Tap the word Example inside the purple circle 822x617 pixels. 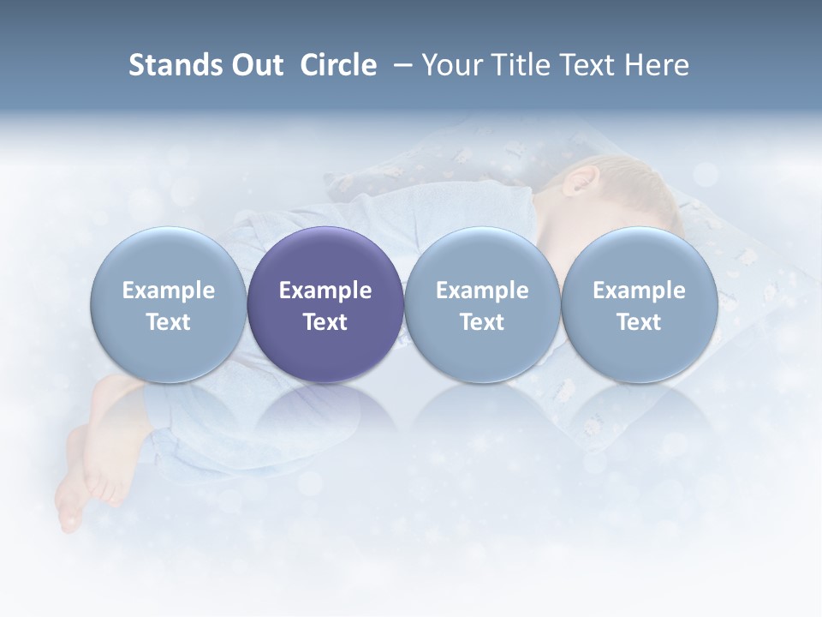[325, 291]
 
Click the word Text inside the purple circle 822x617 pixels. [325, 322]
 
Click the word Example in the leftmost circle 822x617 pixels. [169, 291]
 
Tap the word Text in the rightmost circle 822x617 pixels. [640, 322]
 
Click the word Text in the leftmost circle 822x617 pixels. [169, 322]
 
